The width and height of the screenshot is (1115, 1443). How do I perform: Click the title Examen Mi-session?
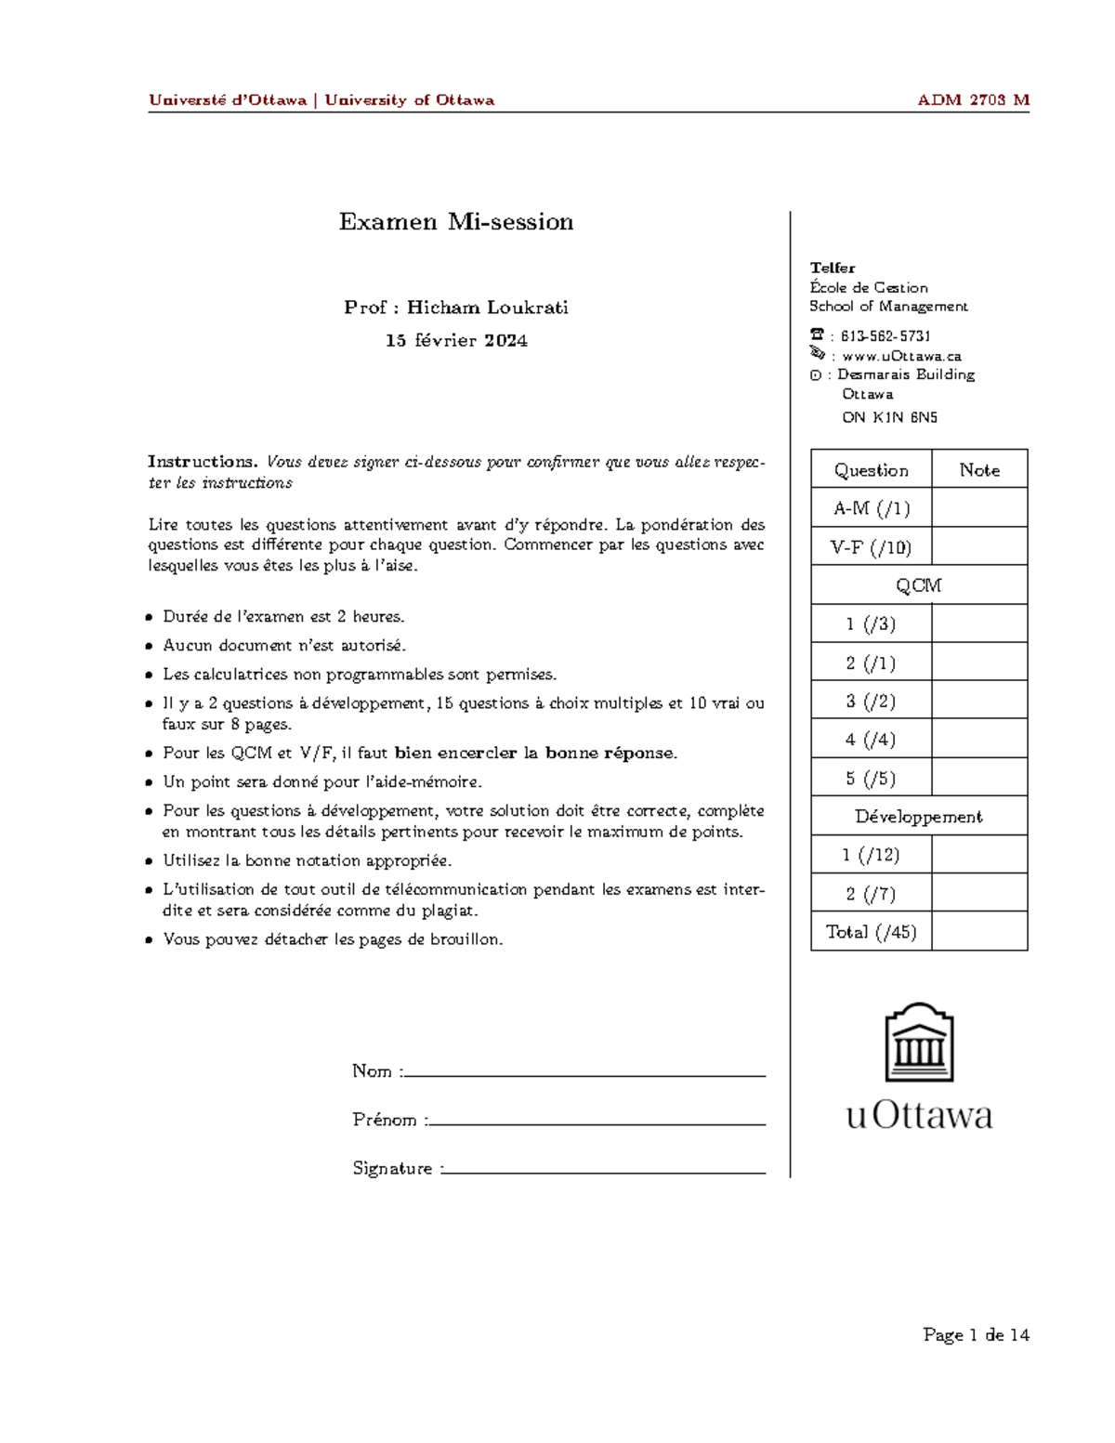click(x=455, y=222)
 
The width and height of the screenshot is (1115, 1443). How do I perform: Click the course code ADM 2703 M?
click(x=973, y=100)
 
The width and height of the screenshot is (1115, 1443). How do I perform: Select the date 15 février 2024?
click(x=456, y=341)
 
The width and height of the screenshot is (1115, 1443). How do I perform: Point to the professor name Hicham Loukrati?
click(x=487, y=308)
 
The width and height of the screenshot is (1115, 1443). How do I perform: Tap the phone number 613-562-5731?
click(x=885, y=336)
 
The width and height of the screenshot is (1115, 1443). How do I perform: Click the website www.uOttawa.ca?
click(x=901, y=356)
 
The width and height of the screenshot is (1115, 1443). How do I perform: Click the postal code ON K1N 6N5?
click(x=889, y=417)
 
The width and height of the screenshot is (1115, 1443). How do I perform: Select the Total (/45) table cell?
click(x=871, y=932)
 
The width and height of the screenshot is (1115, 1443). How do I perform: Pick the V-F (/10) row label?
click(x=871, y=547)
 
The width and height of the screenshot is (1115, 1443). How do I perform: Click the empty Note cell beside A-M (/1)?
click(x=979, y=508)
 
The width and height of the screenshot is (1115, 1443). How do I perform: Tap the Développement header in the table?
click(x=918, y=817)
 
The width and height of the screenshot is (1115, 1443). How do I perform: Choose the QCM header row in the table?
click(x=918, y=585)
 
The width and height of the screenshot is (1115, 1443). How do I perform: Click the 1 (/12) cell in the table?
click(x=871, y=855)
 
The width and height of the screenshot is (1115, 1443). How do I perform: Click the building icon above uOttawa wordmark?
click(x=919, y=1043)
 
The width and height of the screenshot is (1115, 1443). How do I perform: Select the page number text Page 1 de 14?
click(x=976, y=1335)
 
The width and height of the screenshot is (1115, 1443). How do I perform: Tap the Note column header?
click(x=979, y=470)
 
